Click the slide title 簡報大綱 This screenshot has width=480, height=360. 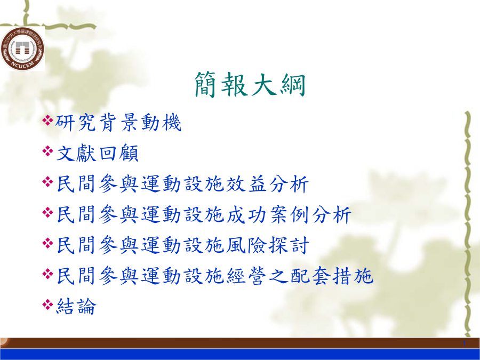(x=250, y=84)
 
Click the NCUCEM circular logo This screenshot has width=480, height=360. (x=22, y=49)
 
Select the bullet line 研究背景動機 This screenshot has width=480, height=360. (x=118, y=123)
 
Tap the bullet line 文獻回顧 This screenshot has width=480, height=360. (x=98, y=153)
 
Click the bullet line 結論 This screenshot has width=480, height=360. (x=76, y=306)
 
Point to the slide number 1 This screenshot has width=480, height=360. (x=465, y=343)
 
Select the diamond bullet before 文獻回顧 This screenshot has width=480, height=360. (x=48, y=150)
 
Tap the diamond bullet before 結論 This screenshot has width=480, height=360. (x=48, y=304)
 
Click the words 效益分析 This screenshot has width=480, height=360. (x=267, y=183)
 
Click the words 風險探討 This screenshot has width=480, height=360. (x=267, y=245)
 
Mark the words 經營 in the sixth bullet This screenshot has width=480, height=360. (x=246, y=276)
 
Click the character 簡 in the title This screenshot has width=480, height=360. (x=207, y=84)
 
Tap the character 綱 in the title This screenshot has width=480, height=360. (x=293, y=84)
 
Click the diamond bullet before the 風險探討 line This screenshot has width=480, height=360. (x=48, y=243)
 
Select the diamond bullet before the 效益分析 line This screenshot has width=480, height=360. (x=48, y=181)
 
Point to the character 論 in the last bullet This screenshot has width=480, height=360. (x=86, y=306)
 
